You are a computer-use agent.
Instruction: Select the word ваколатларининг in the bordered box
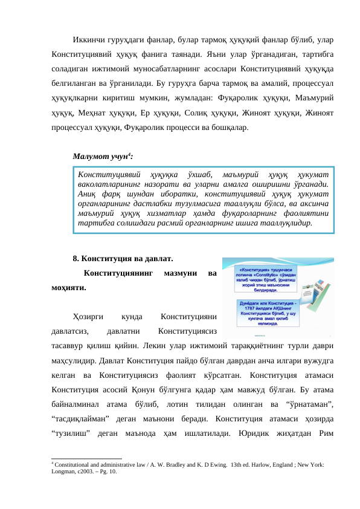click(105, 184)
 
